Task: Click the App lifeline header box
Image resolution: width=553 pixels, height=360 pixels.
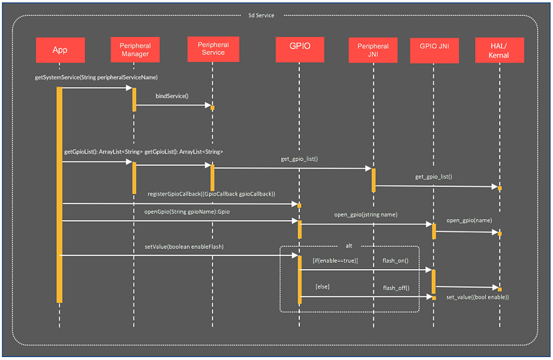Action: (x=60, y=50)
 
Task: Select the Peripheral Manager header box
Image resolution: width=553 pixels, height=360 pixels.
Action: (x=135, y=50)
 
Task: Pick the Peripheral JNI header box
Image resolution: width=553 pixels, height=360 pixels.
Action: (x=373, y=50)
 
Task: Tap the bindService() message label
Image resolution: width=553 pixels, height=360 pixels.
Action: (x=172, y=95)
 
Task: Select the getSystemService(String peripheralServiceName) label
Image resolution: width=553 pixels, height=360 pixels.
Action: (x=96, y=76)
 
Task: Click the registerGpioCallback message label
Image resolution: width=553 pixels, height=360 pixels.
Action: (x=211, y=194)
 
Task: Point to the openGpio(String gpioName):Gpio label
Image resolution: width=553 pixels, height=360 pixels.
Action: (x=182, y=212)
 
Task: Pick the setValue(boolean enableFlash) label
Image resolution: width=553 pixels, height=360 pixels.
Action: (x=184, y=247)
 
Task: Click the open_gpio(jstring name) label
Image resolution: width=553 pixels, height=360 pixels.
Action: (x=366, y=214)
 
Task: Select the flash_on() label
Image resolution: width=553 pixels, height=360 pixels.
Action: (x=396, y=260)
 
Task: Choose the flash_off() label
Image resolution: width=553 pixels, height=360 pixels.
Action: (x=396, y=287)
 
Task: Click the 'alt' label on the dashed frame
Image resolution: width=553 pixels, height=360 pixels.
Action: (x=349, y=245)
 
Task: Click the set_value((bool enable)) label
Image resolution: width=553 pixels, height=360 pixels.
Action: (x=477, y=297)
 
